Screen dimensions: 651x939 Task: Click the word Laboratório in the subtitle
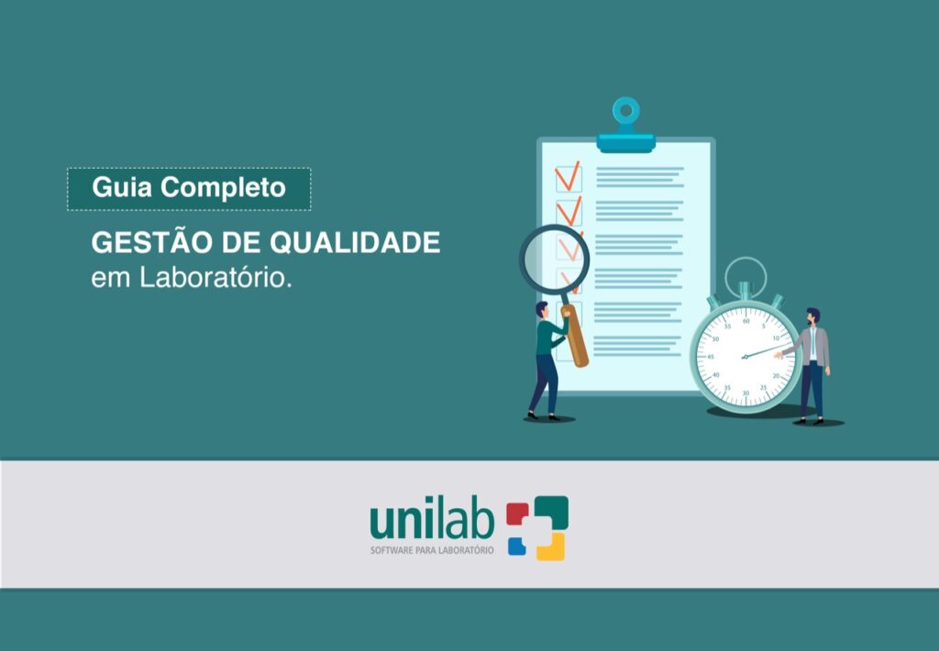(x=215, y=278)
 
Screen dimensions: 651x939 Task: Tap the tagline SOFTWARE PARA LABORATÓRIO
(x=431, y=550)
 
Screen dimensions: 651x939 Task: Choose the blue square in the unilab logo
(x=517, y=546)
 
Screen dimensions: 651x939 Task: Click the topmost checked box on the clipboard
(x=569, y=176)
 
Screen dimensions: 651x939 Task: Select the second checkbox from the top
(x=569, y=211)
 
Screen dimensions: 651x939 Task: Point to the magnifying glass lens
(x=554, y=259)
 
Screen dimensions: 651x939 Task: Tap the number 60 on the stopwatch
(x=746, y=321)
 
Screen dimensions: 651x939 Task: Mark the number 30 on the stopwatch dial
(x=746, y=392)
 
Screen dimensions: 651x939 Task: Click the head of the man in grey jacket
(x=813, y=315)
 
